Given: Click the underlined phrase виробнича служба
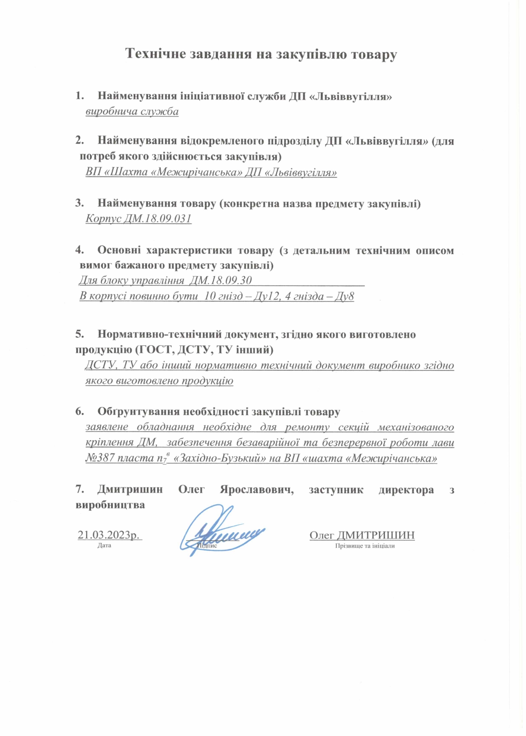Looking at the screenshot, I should click(x=132, y=112).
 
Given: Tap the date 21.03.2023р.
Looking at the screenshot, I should click(x=109, y=535).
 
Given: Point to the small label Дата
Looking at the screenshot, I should click(x=104, y=546).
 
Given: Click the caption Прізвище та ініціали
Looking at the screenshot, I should click(x=365, y=546).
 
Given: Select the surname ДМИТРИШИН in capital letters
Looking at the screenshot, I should click(x=376, y=535).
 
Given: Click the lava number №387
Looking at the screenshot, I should click(x=100, y=458).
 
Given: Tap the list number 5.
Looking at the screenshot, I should click(x=79, y=334).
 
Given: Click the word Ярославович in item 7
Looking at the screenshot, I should click(x=257, y=490).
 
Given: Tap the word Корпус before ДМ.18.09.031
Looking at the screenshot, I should click(x=103, y=218).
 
